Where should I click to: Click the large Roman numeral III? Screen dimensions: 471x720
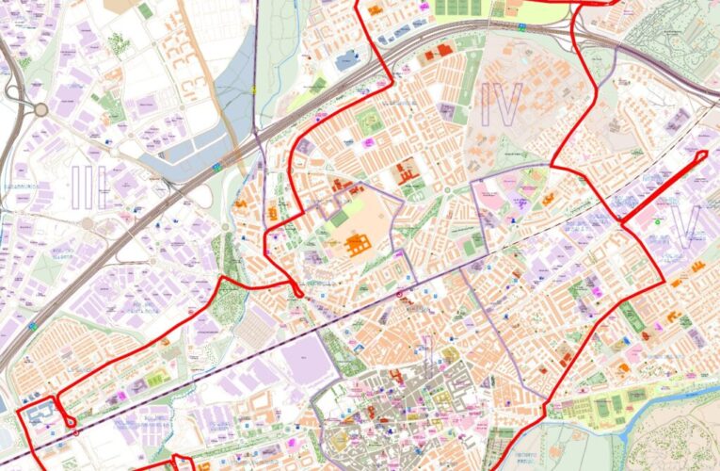tap(89, 186)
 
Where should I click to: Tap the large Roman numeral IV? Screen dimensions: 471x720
tap(500, 105)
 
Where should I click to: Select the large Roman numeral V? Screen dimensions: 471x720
tap(686, 223)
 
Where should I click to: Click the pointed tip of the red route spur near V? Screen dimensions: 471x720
tap(706, 153)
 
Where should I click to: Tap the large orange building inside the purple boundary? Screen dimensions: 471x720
tap(359, 246)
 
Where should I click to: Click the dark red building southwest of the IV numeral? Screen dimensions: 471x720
tap(407, 173)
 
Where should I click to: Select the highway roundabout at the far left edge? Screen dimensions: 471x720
tap(40, 110)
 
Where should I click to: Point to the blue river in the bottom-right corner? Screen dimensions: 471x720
tap(678, 400)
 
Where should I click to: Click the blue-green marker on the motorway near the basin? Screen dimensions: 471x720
tap(216, 167)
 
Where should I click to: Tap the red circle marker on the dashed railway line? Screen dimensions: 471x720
tap(399, 295)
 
